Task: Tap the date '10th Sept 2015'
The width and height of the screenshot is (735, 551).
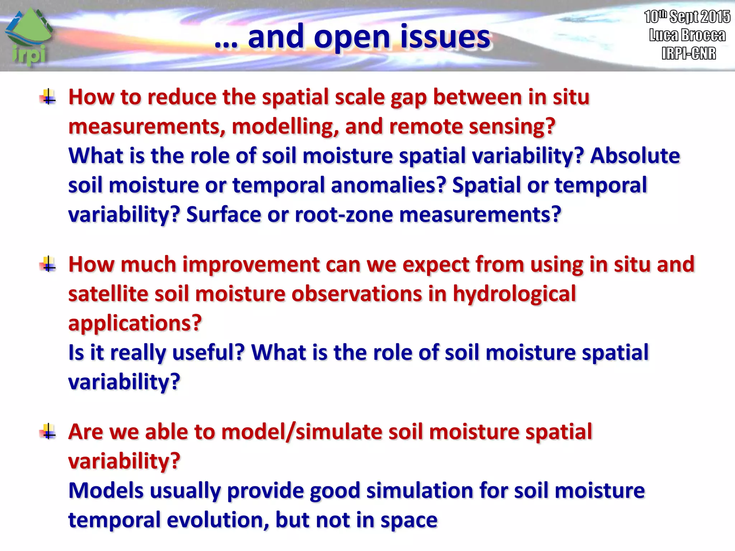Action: (x=687, y=17)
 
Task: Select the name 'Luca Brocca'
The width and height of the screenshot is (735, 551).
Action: (x=687, y=35)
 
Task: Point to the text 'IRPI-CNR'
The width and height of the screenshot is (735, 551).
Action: (x=688, y=53)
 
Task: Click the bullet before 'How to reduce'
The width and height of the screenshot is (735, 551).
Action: (x=48, y=97)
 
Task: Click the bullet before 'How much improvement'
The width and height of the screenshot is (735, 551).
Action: (x=48, y=264)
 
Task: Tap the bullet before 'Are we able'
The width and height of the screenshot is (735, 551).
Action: (x=48, y=432)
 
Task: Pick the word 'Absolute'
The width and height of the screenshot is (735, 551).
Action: (x=635, y=156)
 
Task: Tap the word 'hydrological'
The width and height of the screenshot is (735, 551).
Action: (x=514, y=294)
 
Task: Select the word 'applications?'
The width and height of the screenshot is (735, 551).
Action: (x=135, y=323)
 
